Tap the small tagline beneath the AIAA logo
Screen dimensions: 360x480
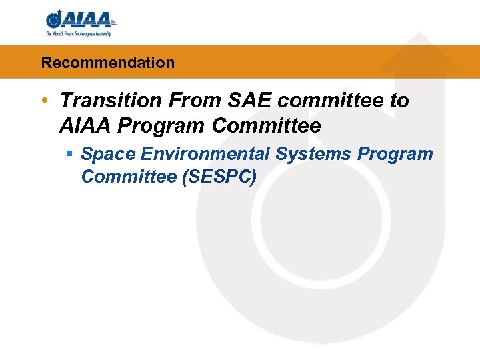pyautogui.click(x=79, y=33)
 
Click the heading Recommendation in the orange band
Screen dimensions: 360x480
pyautogui.click(x=107, y=63)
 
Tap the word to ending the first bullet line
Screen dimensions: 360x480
pyautogui.click(x=399, y=101)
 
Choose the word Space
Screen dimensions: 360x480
pyautogui.click(x=109, y=155)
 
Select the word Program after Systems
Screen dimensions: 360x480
pyautogui.click(x=395, y=155)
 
